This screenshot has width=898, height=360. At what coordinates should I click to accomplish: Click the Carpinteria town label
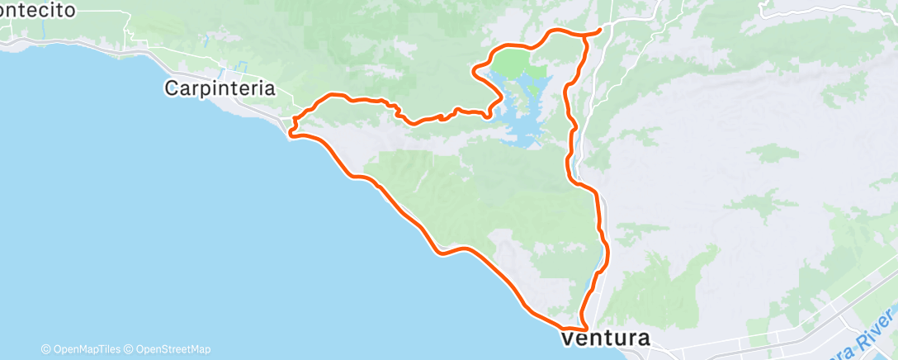pyautogui.click(x=220, y=88)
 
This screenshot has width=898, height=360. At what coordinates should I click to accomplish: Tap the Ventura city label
pyautogui.click(x=606, y=339)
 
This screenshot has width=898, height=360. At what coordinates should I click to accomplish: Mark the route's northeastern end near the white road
pyautogui.click(x=598, y=30)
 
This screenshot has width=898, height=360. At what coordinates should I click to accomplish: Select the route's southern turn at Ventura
pyautogui.click(x=583, y=329)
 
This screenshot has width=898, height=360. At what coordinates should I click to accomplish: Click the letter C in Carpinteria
pyautogui.click(x=172, y=88)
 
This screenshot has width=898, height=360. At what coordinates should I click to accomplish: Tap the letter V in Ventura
pyautogui.click(x=569, y=339)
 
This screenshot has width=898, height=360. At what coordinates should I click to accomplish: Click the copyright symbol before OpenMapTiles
pyautogui.click(x=46, y=349)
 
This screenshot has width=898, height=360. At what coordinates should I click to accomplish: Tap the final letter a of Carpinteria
pyautogui.click(x=269, y=88)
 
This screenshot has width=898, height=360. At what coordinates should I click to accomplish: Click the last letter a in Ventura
pyautogui.click(x=643, y=339)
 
